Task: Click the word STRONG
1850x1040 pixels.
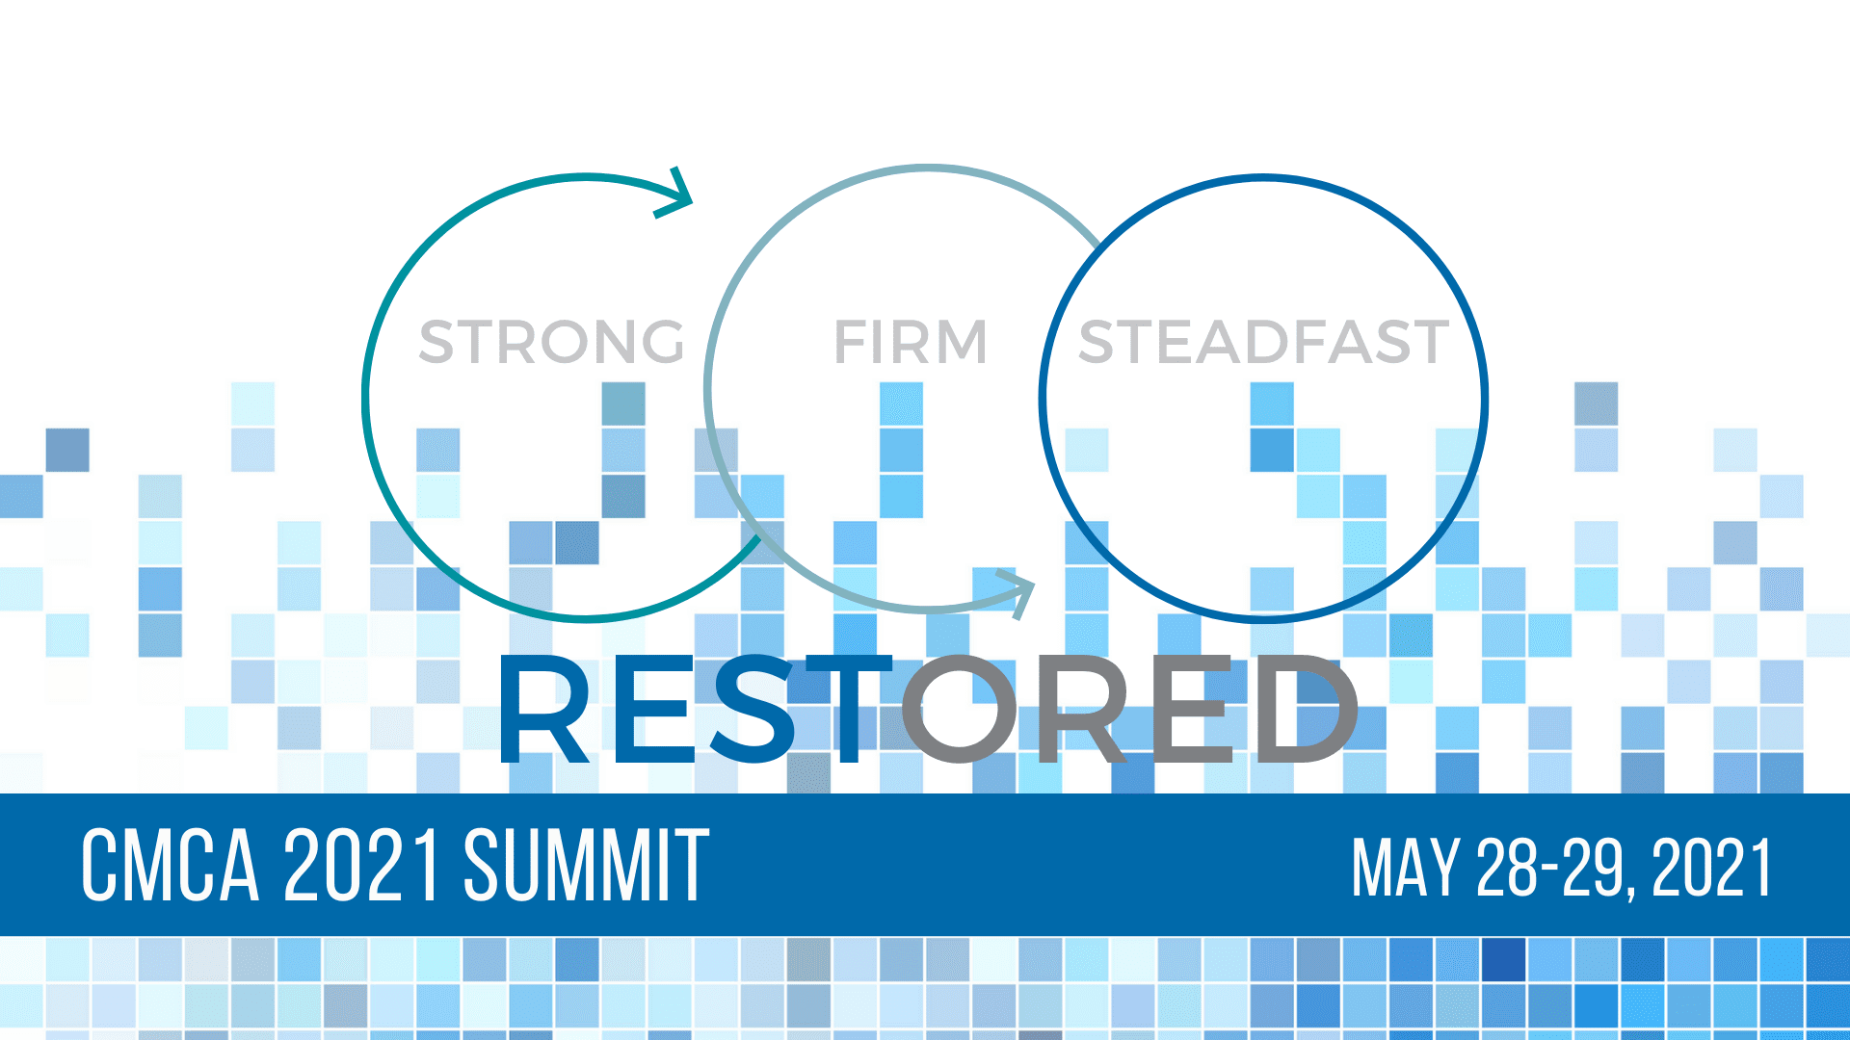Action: (552, 342)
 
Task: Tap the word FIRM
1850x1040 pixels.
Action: (911, 342)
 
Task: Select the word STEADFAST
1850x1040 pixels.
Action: (1263, 342)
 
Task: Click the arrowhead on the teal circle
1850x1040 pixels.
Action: (675, 193)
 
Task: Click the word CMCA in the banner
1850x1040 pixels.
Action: (171, 866)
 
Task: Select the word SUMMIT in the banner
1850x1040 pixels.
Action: (587, 866)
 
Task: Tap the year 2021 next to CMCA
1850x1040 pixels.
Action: (362, 866)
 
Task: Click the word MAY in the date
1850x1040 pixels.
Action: (1406, 868)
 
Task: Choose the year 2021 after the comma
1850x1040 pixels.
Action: (1712, 868)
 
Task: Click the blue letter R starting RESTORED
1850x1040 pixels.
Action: (545, 709)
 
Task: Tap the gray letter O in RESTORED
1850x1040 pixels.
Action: (959, 709)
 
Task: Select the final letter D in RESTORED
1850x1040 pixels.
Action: (1302, 709)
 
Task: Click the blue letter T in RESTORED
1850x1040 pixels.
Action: (845, 709)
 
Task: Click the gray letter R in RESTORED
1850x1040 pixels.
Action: (1077, 709)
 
